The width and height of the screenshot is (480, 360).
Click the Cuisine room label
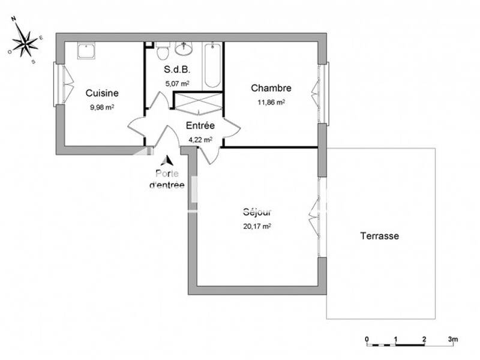pos(102,93)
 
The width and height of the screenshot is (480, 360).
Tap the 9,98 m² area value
pos(102,107)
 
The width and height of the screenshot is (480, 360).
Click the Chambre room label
pos(271,88)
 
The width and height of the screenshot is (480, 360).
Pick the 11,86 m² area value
pos(271,103)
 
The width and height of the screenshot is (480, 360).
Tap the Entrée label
pos(200,125)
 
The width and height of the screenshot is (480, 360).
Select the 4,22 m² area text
pos(200,139)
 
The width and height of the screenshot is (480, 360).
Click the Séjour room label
pos(257,212)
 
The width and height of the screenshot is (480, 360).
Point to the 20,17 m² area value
pos(257,226)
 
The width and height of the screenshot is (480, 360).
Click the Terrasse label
pos(379,236)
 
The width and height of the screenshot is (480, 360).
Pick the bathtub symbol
pos(212,65)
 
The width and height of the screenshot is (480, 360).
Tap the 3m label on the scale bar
pos(452,339)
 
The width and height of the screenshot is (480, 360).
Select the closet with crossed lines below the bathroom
pos(198,103)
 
